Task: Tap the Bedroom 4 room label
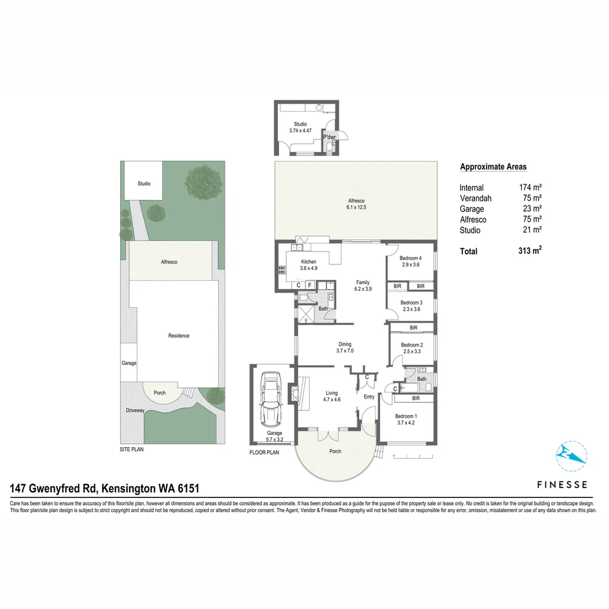412,258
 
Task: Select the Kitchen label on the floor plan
308,262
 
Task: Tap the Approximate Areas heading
493,166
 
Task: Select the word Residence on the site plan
179,336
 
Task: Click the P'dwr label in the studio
329,137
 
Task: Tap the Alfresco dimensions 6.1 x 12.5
356,208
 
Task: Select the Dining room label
345,344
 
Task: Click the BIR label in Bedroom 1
416,398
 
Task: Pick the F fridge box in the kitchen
310,285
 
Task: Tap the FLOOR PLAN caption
264,452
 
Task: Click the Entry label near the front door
369,397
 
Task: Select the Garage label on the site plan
129,363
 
